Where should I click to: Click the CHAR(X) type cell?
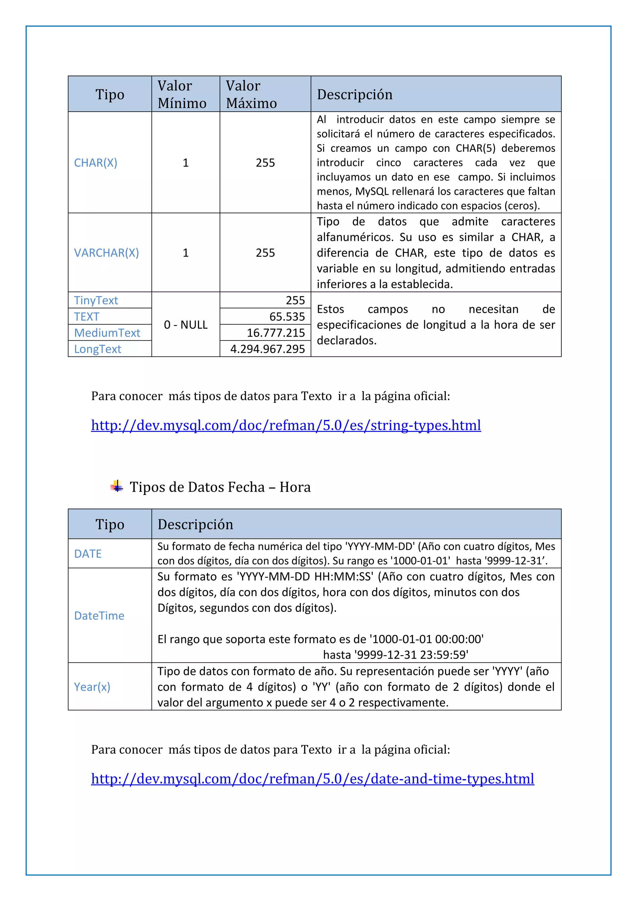tap(96, 163)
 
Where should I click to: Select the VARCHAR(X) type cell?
tap(106, 253)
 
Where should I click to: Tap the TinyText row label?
tap(96, 300)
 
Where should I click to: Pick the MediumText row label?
tap(107, 333)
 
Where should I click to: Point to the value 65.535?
tap(287, 317)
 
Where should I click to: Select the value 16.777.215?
tap(276, 333)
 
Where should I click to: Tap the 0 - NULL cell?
tap(185, 324)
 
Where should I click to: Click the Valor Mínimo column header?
tap(182, 94)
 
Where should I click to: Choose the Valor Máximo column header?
tap(251, 94)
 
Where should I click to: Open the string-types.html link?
tap(286, 425)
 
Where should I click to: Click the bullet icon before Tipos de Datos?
tap(117, 486)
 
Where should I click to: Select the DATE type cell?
tap(88, 554)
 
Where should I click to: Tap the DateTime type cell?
tap(99, 616)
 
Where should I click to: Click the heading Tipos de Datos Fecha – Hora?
tap(220, 487)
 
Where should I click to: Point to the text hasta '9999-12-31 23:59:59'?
tap(395, 655)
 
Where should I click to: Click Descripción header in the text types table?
tap(355, 95)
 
